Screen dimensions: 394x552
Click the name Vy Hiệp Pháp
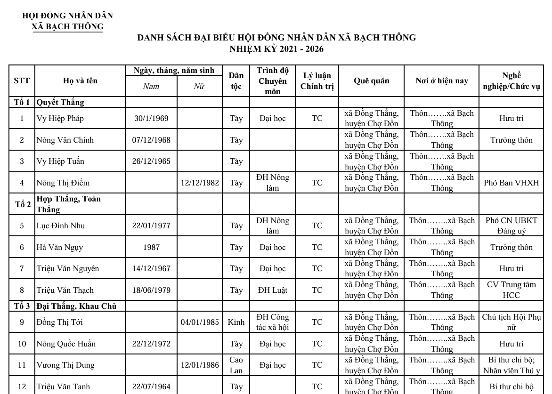(x=60, y=119)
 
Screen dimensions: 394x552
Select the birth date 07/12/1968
(x=151, y=140)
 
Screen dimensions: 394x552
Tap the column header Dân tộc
(x=236, y=81)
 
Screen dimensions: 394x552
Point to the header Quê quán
(x=371, y=81)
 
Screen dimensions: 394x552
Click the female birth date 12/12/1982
(x=200, y=183)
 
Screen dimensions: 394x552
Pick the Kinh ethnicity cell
(x=236, y=322)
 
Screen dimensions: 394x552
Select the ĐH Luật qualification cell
(x=272, y=290)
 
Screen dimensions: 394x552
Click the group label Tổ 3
(x=22, y=306)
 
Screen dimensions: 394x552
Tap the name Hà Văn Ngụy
(x=60, y=248)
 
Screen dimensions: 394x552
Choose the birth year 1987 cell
(x=151, y=248)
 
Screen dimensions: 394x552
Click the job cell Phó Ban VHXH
(x=511, y=183)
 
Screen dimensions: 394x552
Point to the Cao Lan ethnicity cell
(x=236, y=365)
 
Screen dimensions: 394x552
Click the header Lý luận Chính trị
(x=317, y=81)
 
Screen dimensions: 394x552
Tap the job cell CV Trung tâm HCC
(x=511, y=290)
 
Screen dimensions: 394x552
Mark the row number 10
(x=22, y=344)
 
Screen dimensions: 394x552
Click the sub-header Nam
(x=151, y=86)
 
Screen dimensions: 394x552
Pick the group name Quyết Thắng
(x=60, y=102)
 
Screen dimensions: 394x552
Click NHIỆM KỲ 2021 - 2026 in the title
(x=276, y=49)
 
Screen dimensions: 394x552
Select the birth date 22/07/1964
(x=151, y=387)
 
